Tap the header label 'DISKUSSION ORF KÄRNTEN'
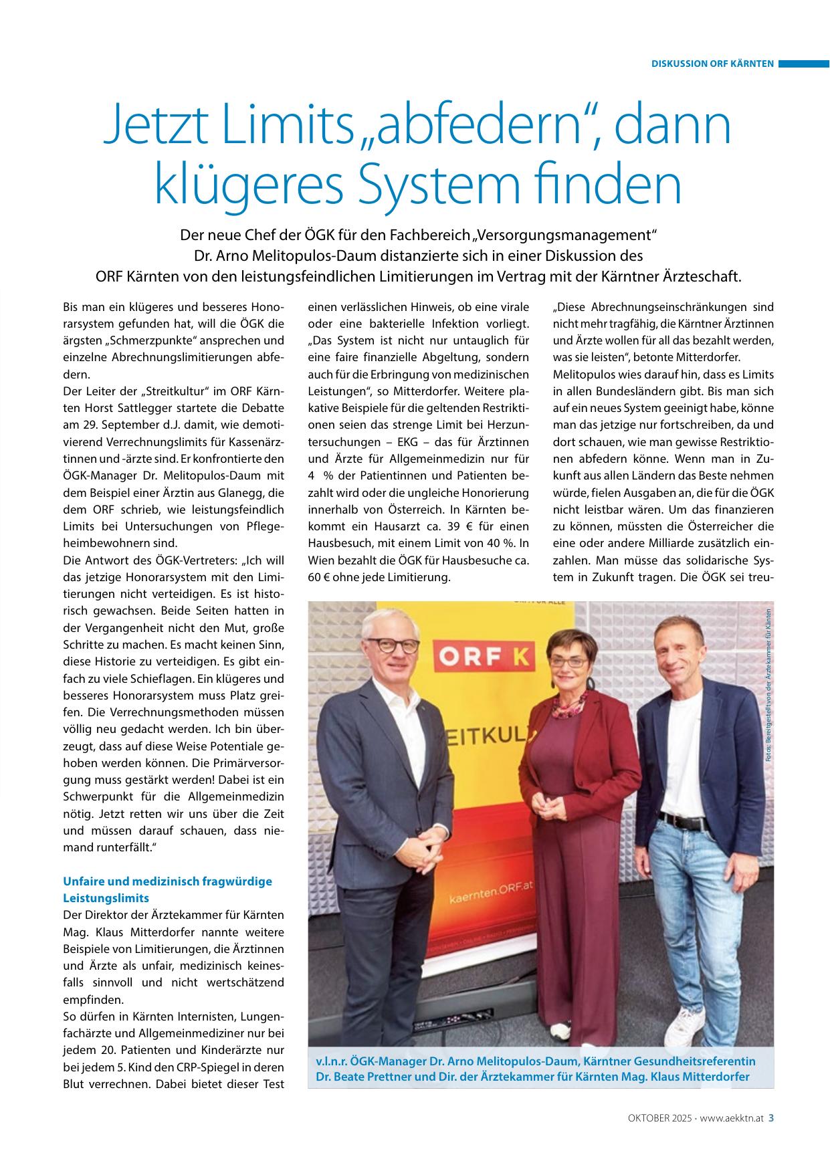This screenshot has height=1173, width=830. tap(712, 64)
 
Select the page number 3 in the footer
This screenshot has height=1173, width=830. tap(771, 1117)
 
